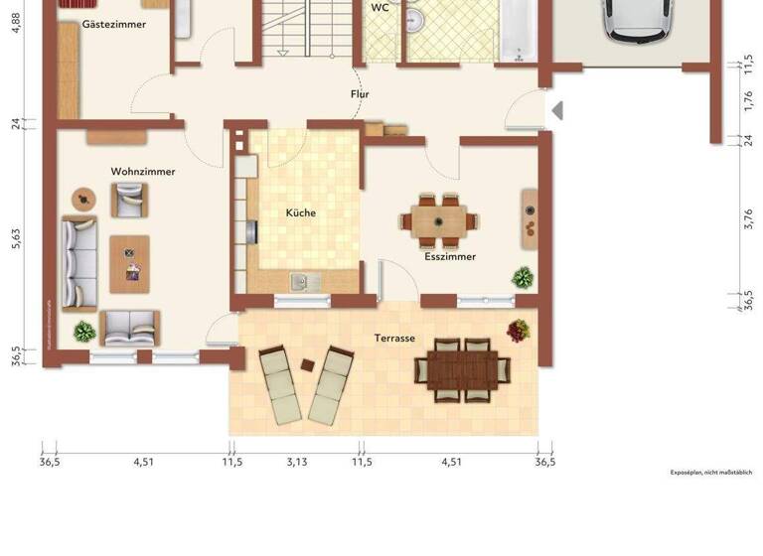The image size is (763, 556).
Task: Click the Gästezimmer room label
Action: click(x=114, y=23)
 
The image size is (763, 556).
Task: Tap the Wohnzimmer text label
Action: click(x=143, y=172)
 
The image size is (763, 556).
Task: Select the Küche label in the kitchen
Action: click(x=301, y=213)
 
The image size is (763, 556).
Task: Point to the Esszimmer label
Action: click(x=450, y=256)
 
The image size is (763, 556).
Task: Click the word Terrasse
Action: click(x=394, y=339)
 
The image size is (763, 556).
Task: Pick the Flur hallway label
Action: click(x=360, y=94)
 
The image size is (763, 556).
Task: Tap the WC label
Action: click(x=380, y=7)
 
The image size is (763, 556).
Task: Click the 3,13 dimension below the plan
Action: click(x=296, y=461)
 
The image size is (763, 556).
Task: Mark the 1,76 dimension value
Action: click(x=748, y=99)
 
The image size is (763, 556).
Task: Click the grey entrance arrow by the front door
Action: click(x=557, y=110)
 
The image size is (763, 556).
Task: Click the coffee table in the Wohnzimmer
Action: click(x=129, y=263)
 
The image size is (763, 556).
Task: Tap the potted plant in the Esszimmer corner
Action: click(x=523, y=277)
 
